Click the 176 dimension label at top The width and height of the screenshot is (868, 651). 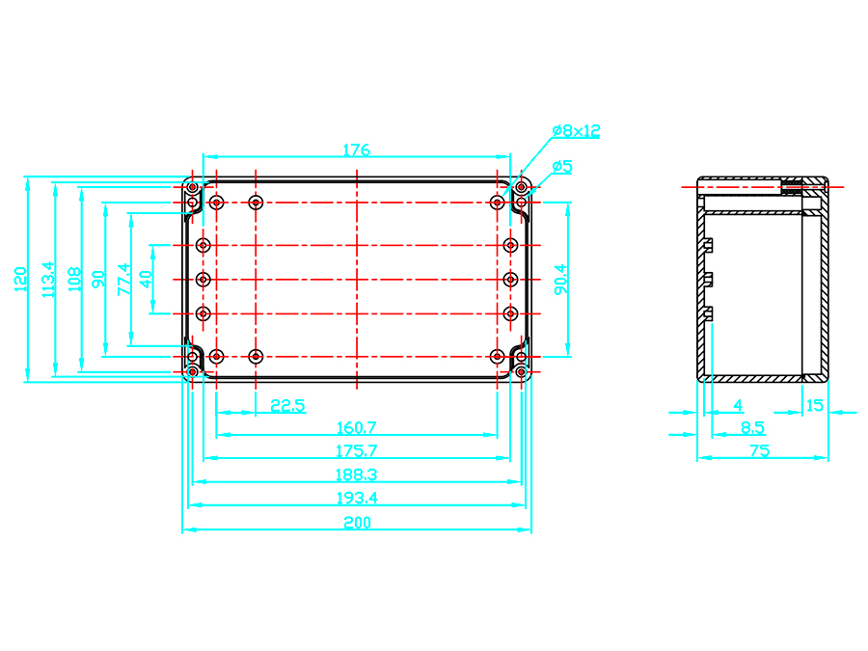click(x=357, y=149)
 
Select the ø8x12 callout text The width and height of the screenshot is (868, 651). click(x=576, y=130)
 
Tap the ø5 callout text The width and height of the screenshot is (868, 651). click(x=562, y=166)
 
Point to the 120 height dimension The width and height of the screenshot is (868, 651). click(x=20, y=279)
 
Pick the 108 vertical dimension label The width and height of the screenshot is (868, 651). click(x=73, y=279)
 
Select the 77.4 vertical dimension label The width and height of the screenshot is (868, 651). click(x=122, y=279)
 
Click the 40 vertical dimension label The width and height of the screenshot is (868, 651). click(x=146, y=279)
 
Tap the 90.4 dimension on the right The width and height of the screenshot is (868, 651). click(x=560, y=279)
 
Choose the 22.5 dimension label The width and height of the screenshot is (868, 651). click(x=287, y=406)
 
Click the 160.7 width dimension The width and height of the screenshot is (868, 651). click(x=356, y=427)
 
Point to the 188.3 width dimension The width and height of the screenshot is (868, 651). click(x=356, y=475)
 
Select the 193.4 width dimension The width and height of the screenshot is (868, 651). click(x=356, y=498)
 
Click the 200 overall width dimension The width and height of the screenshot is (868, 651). click(x=356, y=522)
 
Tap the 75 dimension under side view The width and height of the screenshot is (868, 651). click(x=759, y=450)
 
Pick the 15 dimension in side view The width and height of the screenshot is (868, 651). click(x=815, y=405)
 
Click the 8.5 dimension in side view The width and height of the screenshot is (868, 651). click(x=752, y=427)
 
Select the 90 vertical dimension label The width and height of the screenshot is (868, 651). click(x=97, y=279)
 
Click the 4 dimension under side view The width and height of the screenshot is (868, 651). click(x=738, y=405)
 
